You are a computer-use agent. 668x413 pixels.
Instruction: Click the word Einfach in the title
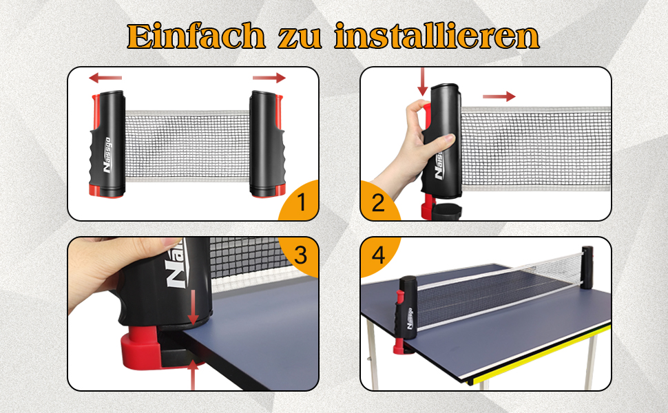(196, 36)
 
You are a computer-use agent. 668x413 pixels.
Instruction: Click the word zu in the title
(300, 39)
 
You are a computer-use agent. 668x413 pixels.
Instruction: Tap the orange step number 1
(302, 202)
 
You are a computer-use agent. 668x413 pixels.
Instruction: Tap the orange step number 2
(378, 202)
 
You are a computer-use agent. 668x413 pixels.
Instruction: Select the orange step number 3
(300, 255)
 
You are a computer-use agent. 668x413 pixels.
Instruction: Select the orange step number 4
(378, 255)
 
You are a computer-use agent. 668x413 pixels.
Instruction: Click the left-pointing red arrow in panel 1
(105, 78)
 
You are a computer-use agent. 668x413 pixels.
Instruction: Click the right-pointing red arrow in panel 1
(269, 78)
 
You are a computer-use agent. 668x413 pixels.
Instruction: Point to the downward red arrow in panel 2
(423, 82)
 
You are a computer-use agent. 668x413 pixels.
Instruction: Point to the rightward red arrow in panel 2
(499, 96)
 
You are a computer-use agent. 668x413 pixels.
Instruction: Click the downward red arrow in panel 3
(194, 307)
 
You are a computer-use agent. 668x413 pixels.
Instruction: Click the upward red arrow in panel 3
(193, 375)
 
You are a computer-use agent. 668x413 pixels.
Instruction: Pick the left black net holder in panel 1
(107, 144)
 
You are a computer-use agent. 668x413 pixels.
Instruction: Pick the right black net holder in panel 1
(267, 144)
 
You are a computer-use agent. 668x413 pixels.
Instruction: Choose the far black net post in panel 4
(587, 267)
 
